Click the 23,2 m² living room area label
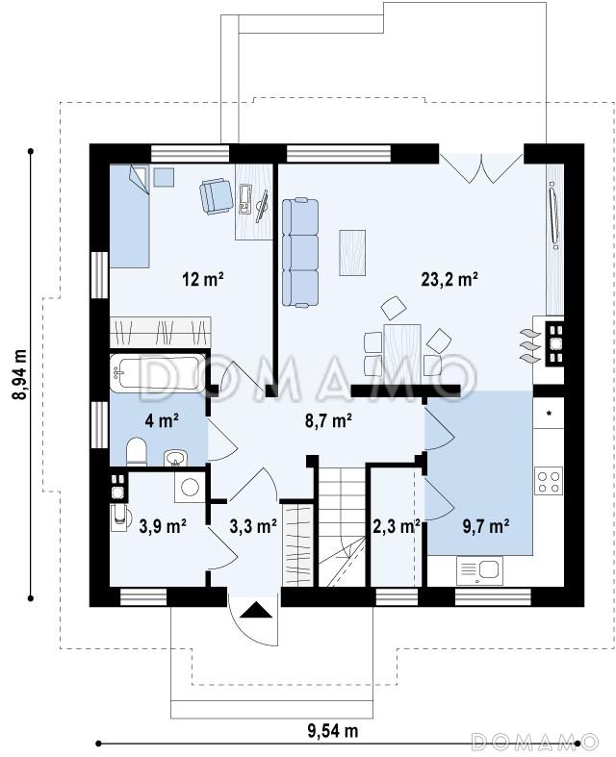point(449,279)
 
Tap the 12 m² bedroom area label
point(203,279)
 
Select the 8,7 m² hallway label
point(328,421)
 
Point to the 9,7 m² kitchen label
point(485,526)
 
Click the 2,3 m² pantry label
point(397,526)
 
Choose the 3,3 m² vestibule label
point(253,526)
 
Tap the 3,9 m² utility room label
point(163,526)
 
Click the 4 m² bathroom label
point(162,421)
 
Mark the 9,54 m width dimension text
point(333,730)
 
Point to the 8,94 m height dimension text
point(20,374)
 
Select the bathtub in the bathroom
point(158,373)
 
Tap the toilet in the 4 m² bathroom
point(137,452)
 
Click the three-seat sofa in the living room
point(300,252)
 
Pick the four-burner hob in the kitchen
point(549,481)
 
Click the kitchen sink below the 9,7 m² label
point(479,570)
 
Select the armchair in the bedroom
point(216,195)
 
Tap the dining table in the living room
point(402,350)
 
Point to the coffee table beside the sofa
point(352,253)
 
